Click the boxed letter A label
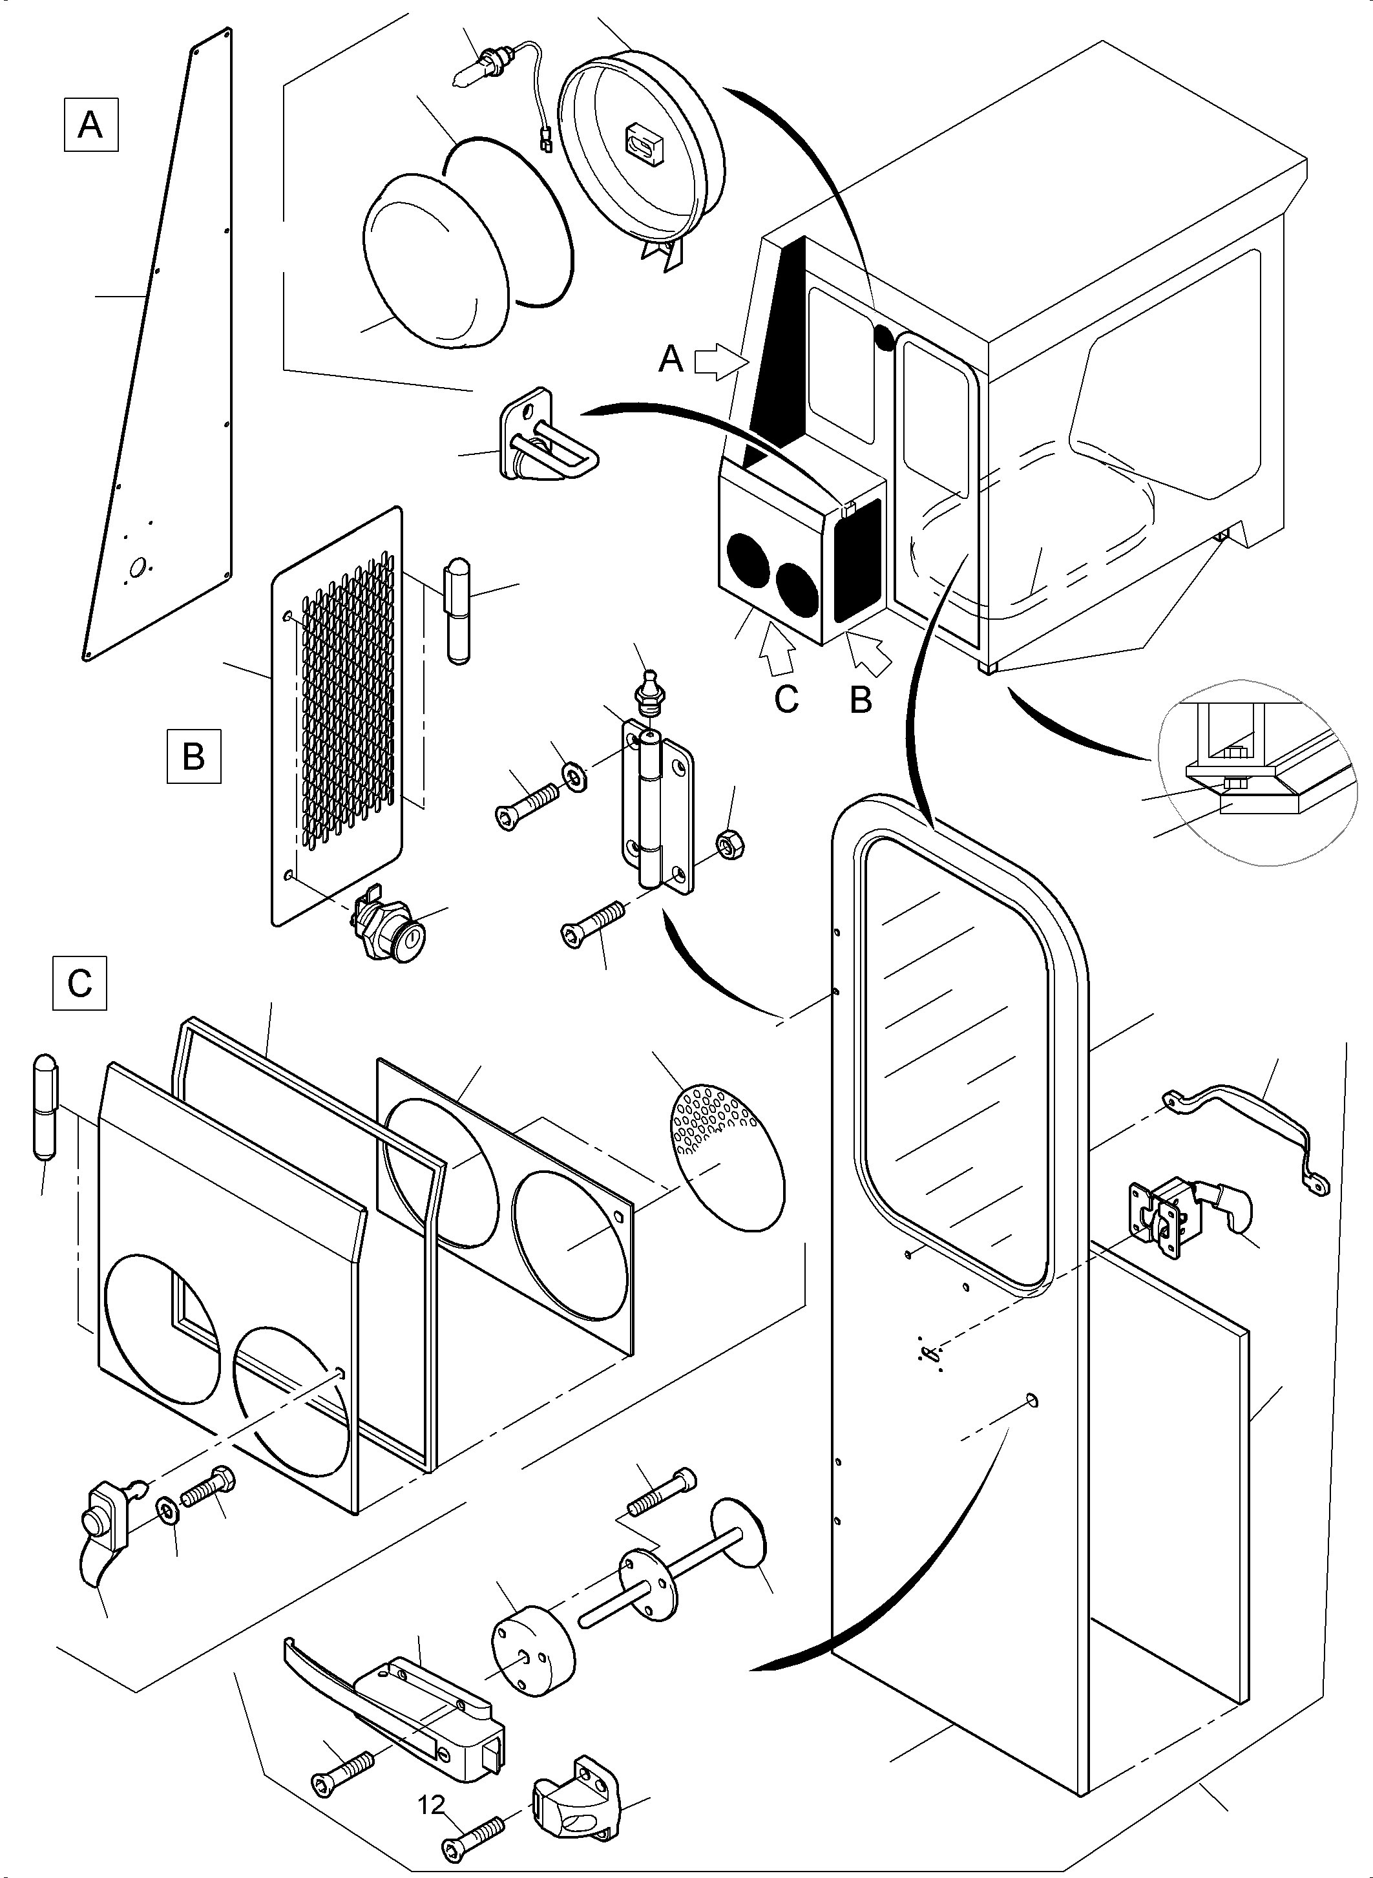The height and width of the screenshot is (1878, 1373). tap(90, 125)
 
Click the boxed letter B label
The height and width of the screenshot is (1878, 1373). tap(194, 755)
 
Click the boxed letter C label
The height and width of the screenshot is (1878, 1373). tap(79, 984)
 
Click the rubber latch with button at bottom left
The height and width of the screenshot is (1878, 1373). tap(107, 1528)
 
